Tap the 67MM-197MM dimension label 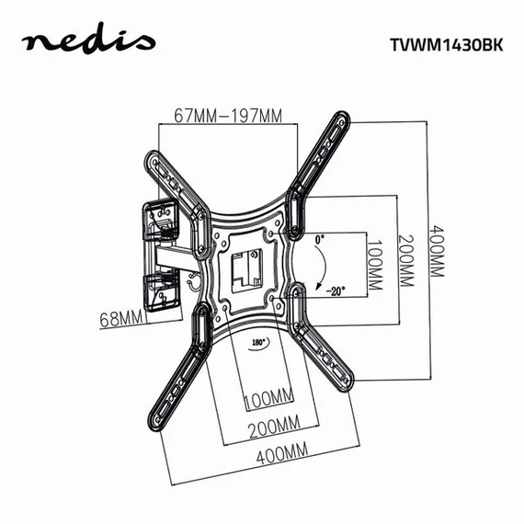click(x=227, y=116)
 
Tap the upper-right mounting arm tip click(x=342, y=126)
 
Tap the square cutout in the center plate click(x=245, y=266)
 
